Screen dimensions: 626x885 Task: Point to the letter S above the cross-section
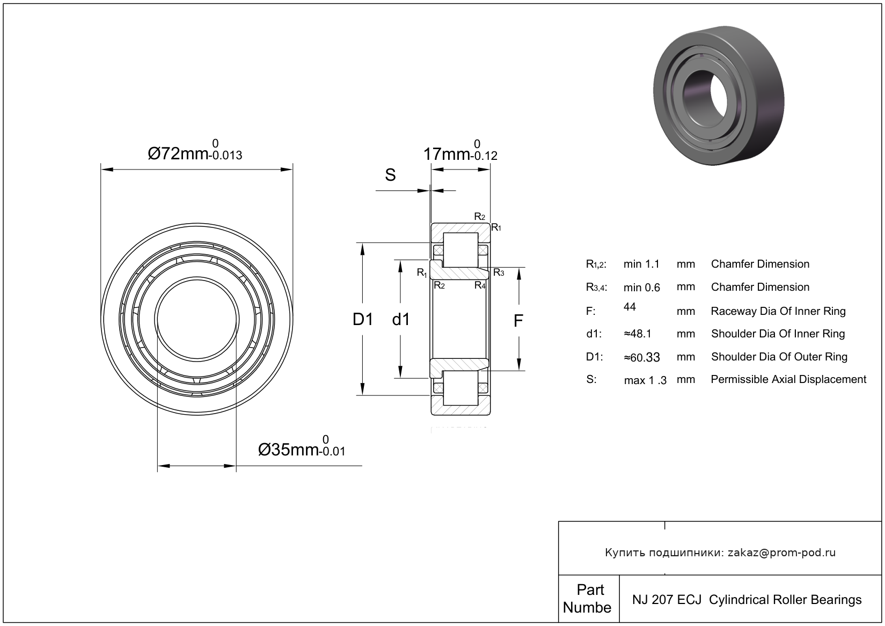pyautogui.click(x=390, y=175)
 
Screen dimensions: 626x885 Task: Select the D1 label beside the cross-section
pyautogui.click(x=362, y=320)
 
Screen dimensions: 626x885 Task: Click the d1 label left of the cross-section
pyautogui.click(x=401, y=320)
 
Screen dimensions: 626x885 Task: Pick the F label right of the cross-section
pyautogui.click(x=518, y=321)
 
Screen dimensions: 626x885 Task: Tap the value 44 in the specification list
pyautogui.click(x=630, y=307)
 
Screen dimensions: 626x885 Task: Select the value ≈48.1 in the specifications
pyautogui.click(x=638, y=334)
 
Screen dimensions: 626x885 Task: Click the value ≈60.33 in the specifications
pyautogui.click(x=641, y=357)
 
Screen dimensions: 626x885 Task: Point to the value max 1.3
pyautogui.click(x=645, y=380)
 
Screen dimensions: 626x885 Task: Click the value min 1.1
pyautogui.click(x=641, y=264)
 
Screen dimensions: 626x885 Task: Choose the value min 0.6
pyautogui.click(x=641, y=288)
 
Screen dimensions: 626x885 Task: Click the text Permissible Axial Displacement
pyautogui.click(x=788, y=380)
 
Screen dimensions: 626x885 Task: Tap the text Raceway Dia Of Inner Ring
pyautogui.click(x=778, y=311)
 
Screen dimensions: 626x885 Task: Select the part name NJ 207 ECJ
pyautogui.click(x=667, y=600)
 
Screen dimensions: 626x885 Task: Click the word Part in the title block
pyautogui.click(x=590, y=590)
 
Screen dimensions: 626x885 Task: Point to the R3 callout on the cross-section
pyautogui.click(x=499, y=273)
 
